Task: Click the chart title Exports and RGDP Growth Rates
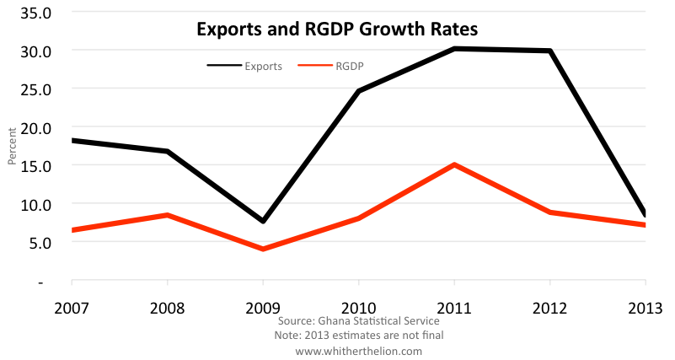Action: pyautogui.click(x=337, y=29)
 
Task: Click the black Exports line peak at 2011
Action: pyautogui.click(x=455, y=49)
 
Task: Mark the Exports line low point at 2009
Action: pyautogui.click(x=263, y=221)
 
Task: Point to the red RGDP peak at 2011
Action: pyautogui.click(x=455, y=164)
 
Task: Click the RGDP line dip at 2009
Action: pyautogui.click(x=263, y=249)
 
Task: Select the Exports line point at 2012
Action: pyautogui.click(x=550, y=51)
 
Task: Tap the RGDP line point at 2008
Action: pyautogui.click(x=168, y=215)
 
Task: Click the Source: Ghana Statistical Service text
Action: pyautogui.click(x=358, y=321)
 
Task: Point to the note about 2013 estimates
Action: pyautogui.click(x=358, y=336)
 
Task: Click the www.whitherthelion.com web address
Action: pyautogui.click(x=358, y=350)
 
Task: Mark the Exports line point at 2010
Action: pyautogui.click(x=359, y=91)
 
